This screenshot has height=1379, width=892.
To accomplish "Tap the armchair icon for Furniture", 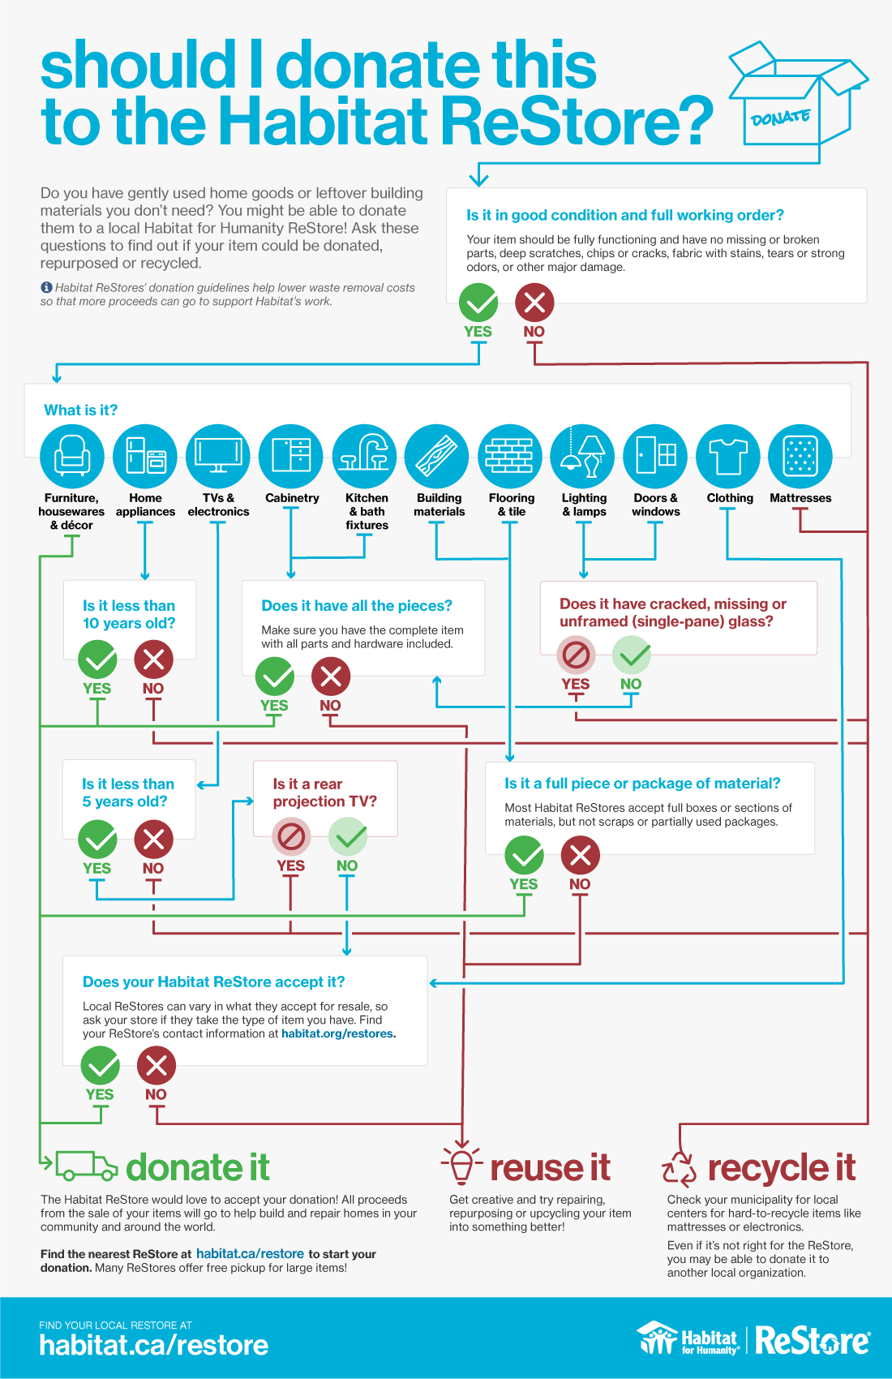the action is [x=72, y=456].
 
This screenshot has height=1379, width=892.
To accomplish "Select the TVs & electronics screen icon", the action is [x=218, y=456].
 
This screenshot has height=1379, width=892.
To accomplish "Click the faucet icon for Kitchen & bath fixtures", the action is [x=364, y=456].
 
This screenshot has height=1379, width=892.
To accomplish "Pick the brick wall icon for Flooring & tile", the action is [x=510, y=456].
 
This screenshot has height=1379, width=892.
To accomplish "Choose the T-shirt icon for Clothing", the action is [x=727, y=456].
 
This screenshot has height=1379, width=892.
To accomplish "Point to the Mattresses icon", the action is [x=800, y=456].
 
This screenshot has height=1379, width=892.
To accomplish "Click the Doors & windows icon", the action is [x=655, y=456].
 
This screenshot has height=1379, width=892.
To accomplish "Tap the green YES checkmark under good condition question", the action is [x=478, y=303].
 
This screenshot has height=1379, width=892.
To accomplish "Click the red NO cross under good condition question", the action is [x=534, y=303].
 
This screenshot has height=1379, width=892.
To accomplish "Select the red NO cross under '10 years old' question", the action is [x=153, y=659].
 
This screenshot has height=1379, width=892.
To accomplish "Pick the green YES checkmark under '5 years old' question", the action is [x=97, y=839].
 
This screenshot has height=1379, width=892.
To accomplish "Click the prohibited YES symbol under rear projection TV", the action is [x=291, y=836].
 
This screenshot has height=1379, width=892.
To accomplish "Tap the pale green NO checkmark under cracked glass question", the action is [x=632, y=655].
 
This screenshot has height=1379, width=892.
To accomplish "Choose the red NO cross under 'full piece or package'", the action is [x=580, y=855].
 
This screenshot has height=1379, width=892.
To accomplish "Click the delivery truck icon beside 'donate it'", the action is [x=86, y=1166].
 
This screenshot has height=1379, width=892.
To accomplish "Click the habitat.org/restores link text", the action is [x=337, y=1033].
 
